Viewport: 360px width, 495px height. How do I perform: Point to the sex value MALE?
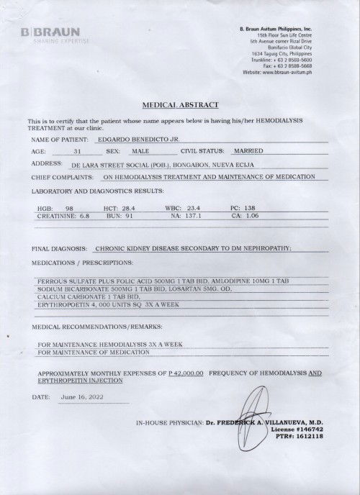[140, 152]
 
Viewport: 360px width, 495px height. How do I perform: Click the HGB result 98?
[70, 206]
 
